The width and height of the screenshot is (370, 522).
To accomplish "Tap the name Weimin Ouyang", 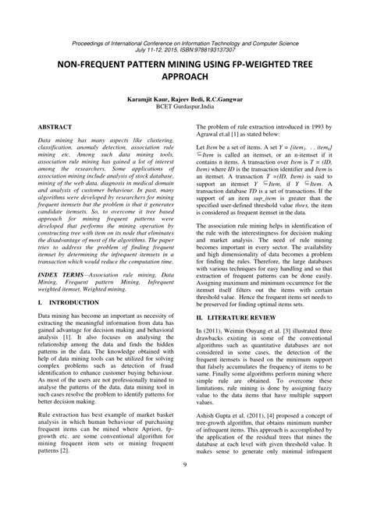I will (x=250, y=333).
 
